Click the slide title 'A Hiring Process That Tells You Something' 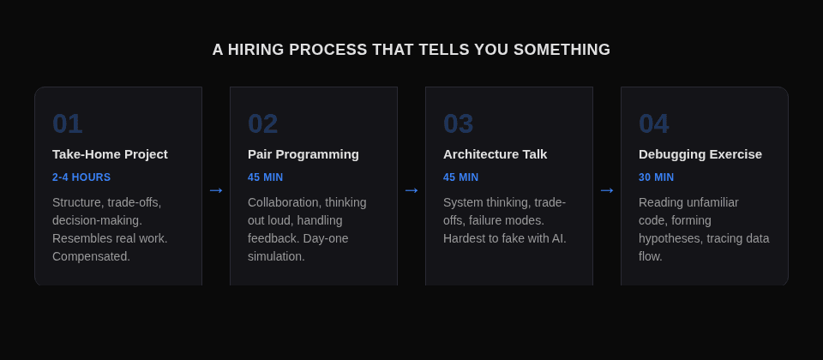[411, 50]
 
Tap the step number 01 [68, 123]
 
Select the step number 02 [263, 123]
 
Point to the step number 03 [459, 123]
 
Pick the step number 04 [654, 123]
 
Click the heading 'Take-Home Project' [110, 154]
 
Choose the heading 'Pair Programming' [303, 154]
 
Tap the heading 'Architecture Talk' [495, 154]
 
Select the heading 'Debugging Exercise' [700, 154]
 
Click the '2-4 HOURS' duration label [81, 177]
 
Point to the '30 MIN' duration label [657, 177]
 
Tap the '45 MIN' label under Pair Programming [266, 177]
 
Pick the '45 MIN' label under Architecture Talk [461, 177]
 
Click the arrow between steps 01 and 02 [216, 190]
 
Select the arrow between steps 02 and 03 [411, 190]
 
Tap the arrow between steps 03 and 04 [607, 190]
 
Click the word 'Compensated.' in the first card [92, 256]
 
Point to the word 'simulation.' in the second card [276, 256]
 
